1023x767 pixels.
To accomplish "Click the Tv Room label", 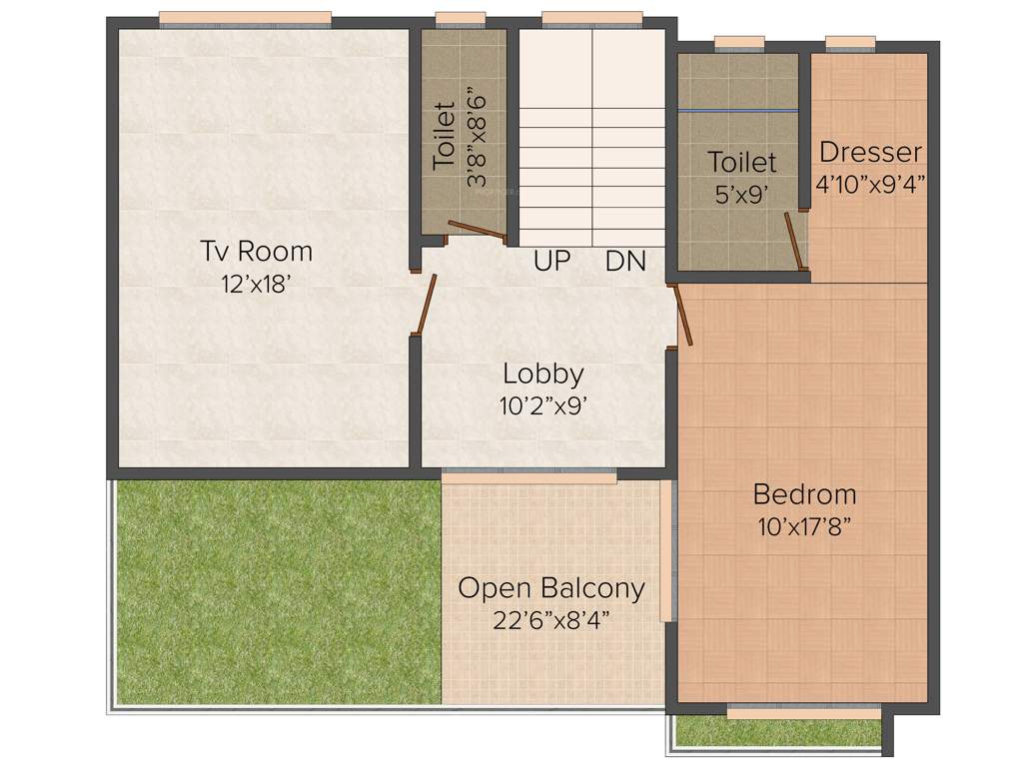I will pyautogui.click(x=256, y=250).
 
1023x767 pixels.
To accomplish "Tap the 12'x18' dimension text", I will pyautogui.click(x=256, y=283).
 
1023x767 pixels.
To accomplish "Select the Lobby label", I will pyautogui.click(x=542, y=375).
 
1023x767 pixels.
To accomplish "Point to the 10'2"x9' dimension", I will pyautogui.click(x=542, y=407).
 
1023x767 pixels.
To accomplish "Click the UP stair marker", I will pyautogui.click(x=551, y=262).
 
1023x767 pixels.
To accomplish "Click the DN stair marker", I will pyautogui.click(x=625, y=262).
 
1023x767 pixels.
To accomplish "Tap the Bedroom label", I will pyautogui.click(x=804, y=494).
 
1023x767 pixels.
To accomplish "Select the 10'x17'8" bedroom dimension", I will pyautogui.click(x=804, y=527).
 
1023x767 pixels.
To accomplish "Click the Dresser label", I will pyautogui.click(x=870, y=153).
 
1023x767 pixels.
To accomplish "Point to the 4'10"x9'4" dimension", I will pyautogui.click(x=870, y=184).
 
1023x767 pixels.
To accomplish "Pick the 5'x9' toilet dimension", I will pyautogui.click(x=741, y=194).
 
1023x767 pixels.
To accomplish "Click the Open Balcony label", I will pyautogui.click(x=551, y=587).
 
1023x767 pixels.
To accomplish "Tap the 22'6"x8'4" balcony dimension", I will pyautogui.click(x=551, y=620).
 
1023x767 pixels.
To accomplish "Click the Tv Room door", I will pyautogui.click(x=426, y=304).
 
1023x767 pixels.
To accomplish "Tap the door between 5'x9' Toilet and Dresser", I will pyautogui.click(x=794, y=241).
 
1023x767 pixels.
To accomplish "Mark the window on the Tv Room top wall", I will pyautogui.click(x=245, y=18).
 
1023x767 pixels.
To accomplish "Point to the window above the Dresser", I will pyautogui.click(x=850, y=42).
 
